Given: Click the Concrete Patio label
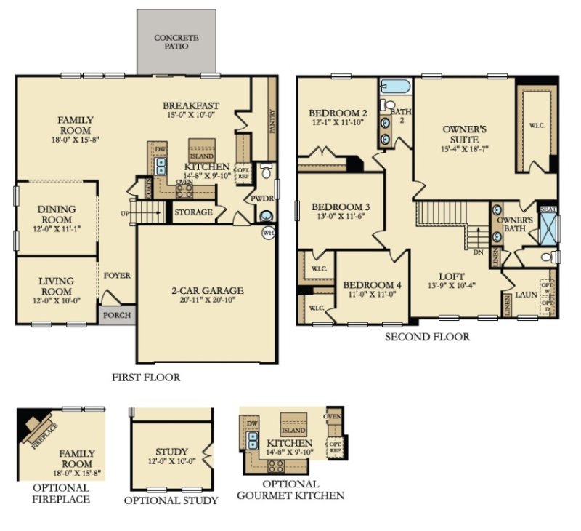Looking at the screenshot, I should coord(176,41).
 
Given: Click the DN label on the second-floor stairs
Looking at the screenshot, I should coord(478,252).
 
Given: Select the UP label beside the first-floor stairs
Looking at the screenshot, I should coord(125,212).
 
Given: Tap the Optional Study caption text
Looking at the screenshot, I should coord(171,500).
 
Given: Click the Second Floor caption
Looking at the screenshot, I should coord(426,337).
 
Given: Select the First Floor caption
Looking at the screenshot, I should coord(145,378).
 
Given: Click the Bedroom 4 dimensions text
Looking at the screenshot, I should coord(367,295).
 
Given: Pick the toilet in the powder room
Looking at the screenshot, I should coord(267,173).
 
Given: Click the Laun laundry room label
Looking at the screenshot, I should coord(525,296).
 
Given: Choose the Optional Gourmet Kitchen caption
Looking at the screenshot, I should coord(290,490).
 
